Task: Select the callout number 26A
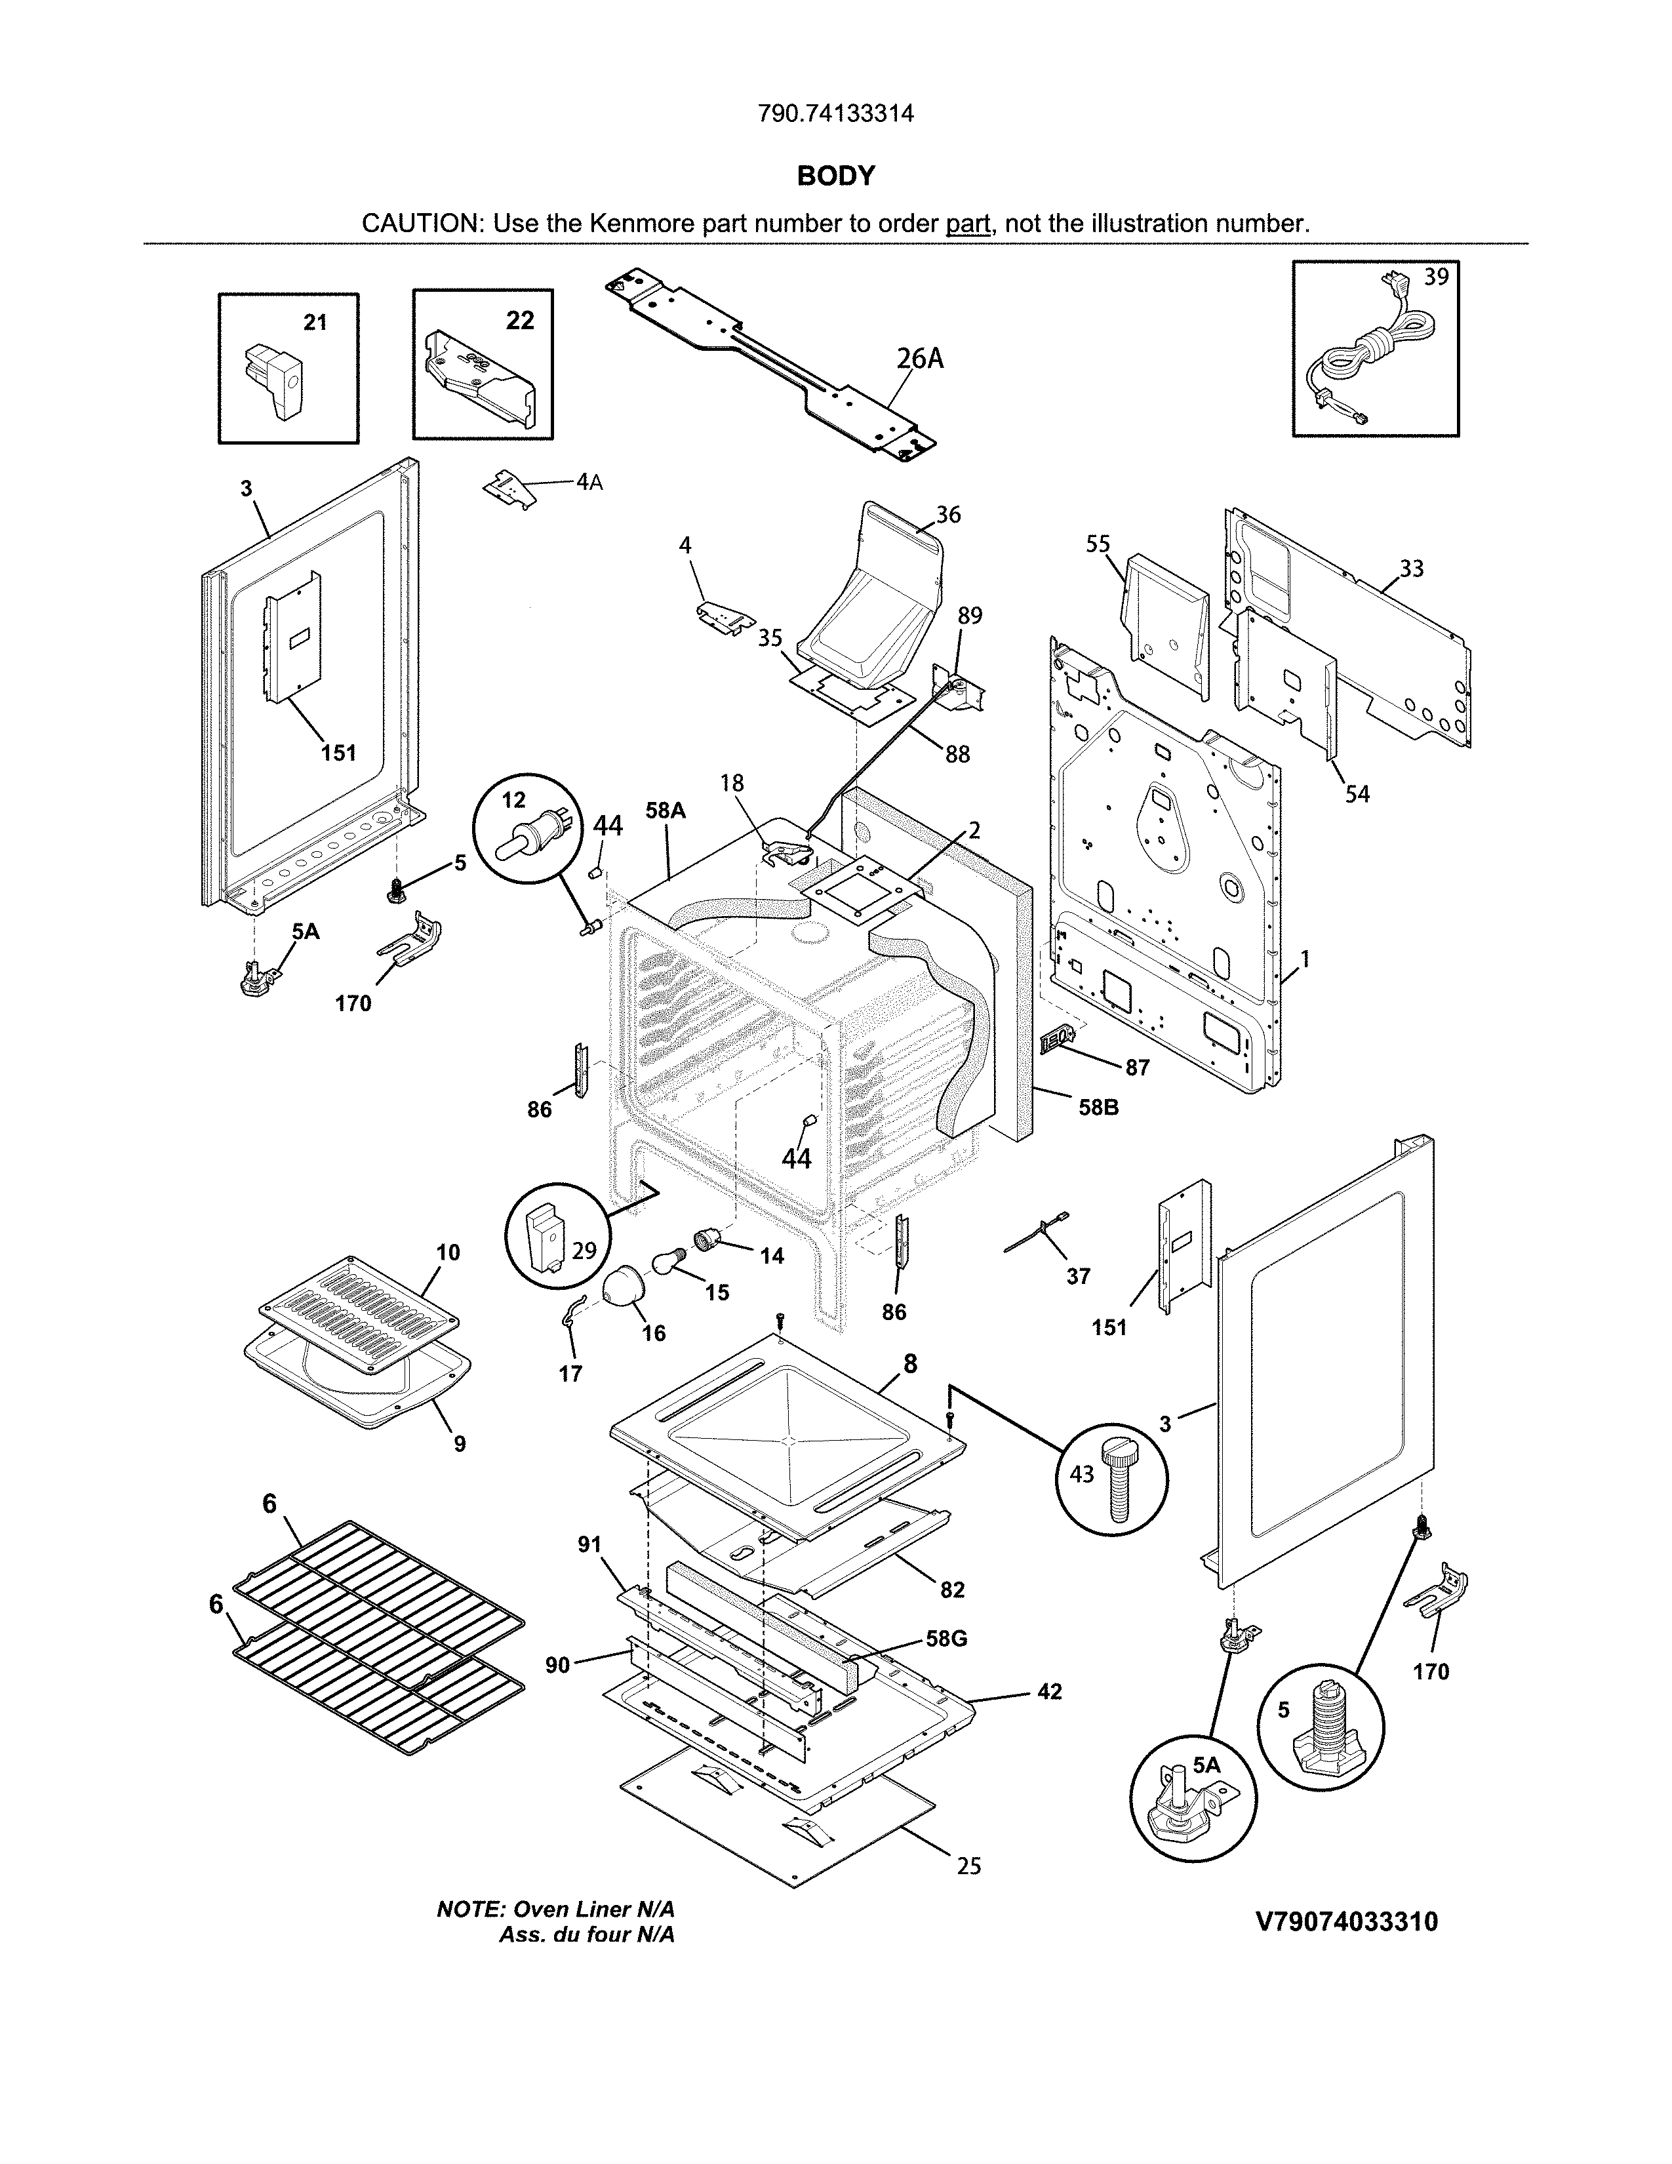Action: click(919, 359)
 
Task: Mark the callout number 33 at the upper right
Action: click(1412, 569)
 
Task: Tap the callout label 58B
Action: click(1098, 1107)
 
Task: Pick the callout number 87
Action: click(1137, 1067)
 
